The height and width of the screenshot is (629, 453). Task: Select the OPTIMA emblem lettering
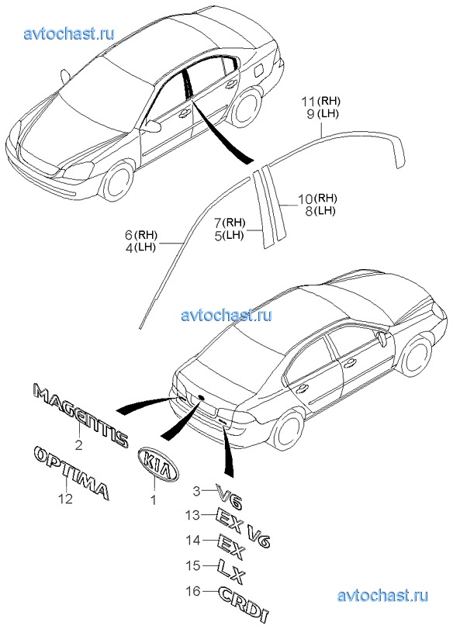click(x=71, y=472)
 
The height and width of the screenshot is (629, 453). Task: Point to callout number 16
click(x=193, y=590)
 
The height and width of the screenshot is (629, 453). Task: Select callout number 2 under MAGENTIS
click(x=78, y=444)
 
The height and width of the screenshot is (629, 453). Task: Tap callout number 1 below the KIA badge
click(x=153, y=499)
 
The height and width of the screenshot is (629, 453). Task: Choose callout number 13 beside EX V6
click(x=192, y=515)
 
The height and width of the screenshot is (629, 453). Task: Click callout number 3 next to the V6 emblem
click(x=196, y=491)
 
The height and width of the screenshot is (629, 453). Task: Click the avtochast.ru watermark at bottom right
click(x=382, y=596)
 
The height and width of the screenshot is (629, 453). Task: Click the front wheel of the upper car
click(x=117, y=181)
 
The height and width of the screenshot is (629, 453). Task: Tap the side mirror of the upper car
click(x=153, y=125)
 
